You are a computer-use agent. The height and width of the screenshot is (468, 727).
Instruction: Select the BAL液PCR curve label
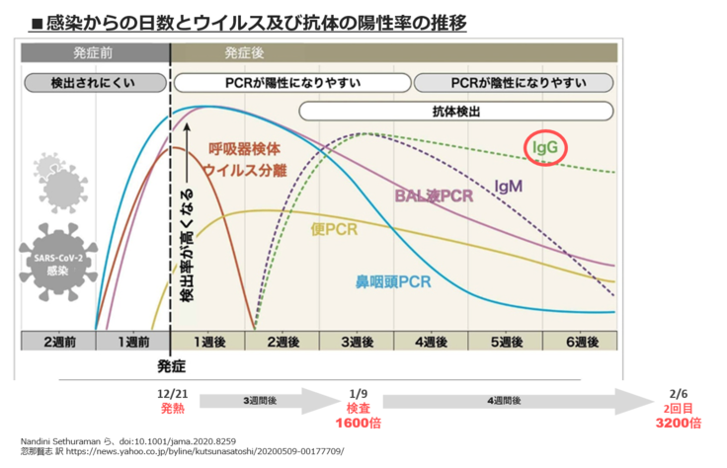click(434, 195)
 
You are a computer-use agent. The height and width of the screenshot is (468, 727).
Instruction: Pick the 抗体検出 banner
click(456, 112)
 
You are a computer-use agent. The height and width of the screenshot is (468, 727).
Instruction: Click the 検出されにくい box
click(94, 82)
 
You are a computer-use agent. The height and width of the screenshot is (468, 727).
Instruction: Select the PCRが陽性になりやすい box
click(291, 82)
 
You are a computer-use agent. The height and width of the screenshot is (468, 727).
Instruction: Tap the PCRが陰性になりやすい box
click(517, 82)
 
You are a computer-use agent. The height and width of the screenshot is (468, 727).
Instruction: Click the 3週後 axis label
click(357, 342)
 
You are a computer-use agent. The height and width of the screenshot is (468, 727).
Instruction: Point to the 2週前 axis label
click(58, 342)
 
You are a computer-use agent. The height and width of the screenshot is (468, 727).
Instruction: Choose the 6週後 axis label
click(580, 342)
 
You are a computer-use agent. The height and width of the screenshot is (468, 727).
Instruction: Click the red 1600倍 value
click(359, 423)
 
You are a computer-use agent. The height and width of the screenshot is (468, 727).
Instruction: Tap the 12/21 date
click(172, 392)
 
